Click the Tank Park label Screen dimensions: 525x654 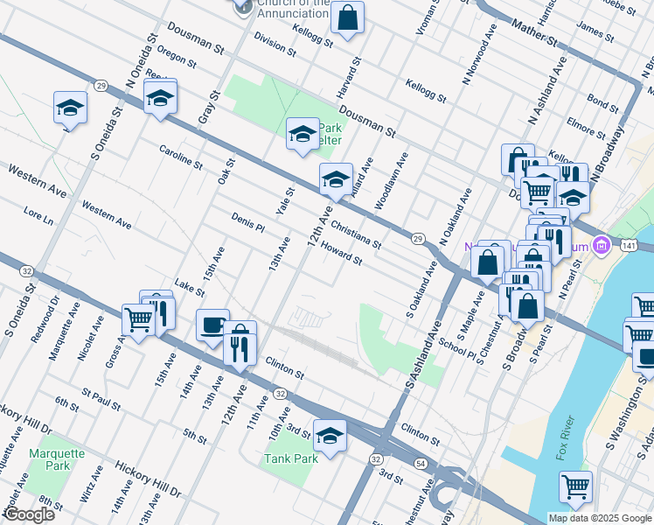pyautogui.click(x=292, y=458)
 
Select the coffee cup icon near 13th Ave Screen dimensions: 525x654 pyautogui.click(x=212, y=325)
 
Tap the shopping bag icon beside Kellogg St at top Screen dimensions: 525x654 pyautogui.click(x=347, y=17)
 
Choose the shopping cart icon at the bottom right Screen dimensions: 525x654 pyautogui.click(x=575, y=486)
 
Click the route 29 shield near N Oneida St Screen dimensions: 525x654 pyautogui.click(x=101, y=85)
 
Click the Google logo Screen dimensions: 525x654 pyautogui.click(x=28, y=514)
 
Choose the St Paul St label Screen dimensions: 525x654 pyautogui.click(x=101, y=397)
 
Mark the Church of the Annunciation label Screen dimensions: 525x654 pyautogui.click(x=293, y=8)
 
